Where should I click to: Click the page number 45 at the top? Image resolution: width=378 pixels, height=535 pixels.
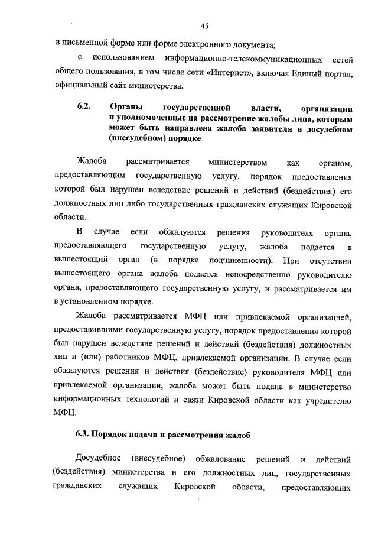coord(205,25)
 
